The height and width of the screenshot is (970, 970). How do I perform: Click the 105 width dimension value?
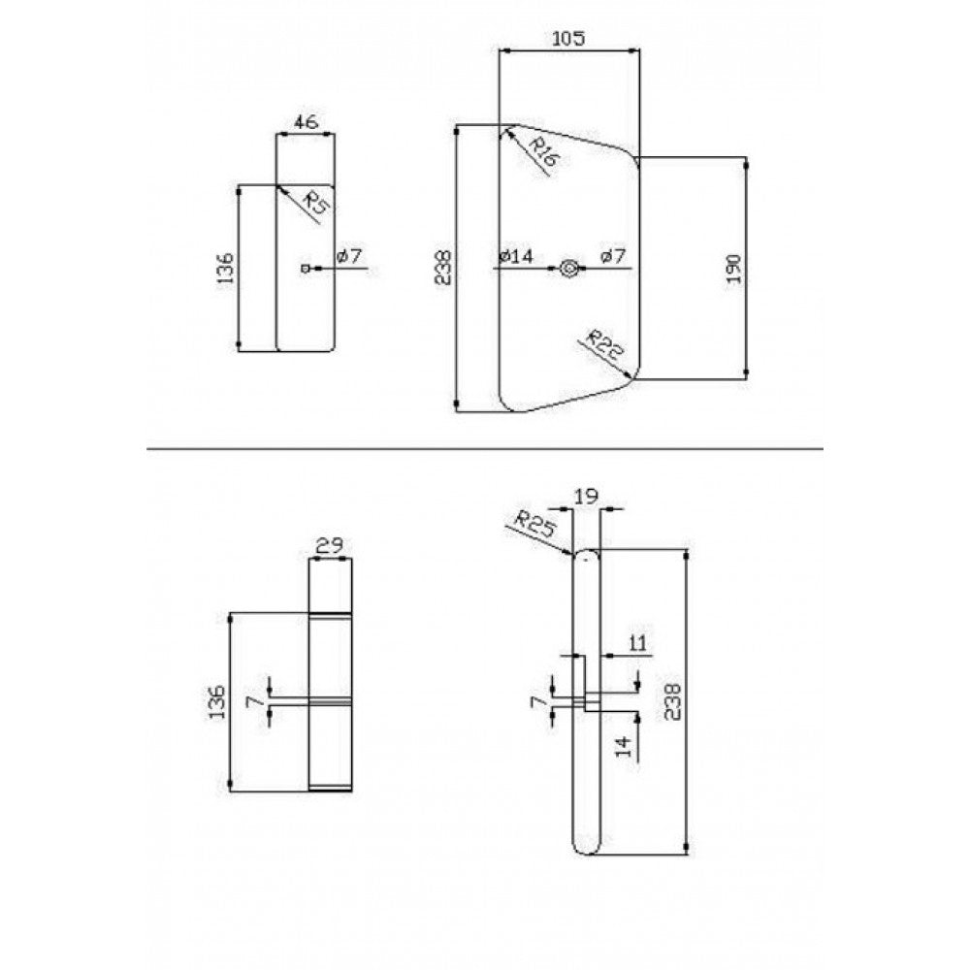tap(567, 39)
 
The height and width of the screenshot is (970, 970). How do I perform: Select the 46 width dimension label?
tap(306, 122)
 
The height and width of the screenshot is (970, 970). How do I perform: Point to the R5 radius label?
tap(318, 203)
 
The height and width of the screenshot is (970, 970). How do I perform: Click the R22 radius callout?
tap(604, 346)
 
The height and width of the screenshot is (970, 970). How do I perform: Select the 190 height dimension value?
tap(733, 268)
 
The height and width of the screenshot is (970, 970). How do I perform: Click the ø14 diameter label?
tap(516, 255)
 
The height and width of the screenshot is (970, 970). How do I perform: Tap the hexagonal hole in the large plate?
tap(568, 268)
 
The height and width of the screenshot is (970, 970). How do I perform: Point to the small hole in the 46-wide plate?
tap(304, 269)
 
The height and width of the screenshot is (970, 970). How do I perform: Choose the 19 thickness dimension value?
tap(587, 496)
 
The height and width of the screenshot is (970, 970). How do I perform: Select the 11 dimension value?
tap(637, 643)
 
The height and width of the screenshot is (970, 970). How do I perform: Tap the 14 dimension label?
tap(626, 745)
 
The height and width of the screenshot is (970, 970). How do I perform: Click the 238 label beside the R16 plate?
tap(443, 268)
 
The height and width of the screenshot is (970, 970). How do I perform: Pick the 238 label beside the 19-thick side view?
tap(672, 701)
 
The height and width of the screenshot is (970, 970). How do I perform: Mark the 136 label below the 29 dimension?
tap(217, 701)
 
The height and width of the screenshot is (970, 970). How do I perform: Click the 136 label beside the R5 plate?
tap(226, 268)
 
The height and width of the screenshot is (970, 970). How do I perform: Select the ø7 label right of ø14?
tap(612, 255)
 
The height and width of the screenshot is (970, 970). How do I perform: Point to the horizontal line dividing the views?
tap(484, 448)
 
